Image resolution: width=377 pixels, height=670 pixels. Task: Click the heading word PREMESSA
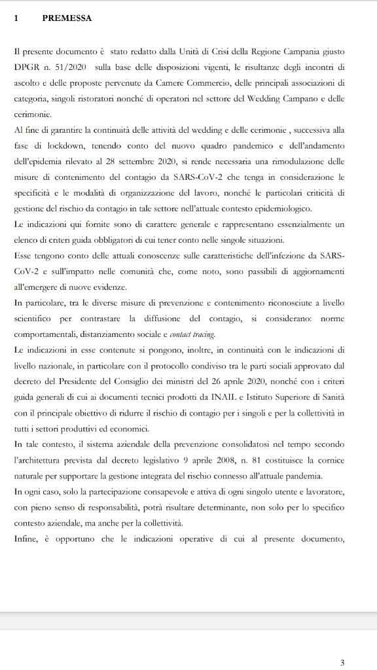67,18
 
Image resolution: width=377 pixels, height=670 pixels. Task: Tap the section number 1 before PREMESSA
16,18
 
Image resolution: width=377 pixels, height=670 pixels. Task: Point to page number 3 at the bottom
342,663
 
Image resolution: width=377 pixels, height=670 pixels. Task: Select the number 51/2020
72,67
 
